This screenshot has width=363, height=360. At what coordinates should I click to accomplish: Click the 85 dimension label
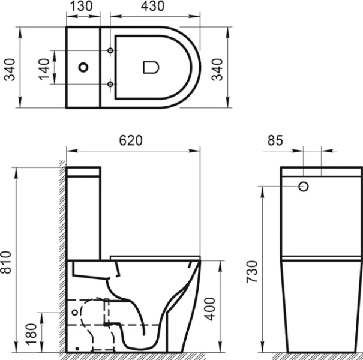[275, 141]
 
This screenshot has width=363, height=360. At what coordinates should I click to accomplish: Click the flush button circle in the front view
[304, 187]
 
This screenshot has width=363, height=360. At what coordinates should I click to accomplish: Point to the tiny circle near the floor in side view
[78, 348]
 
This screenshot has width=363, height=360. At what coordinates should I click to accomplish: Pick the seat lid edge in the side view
[156, 257]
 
